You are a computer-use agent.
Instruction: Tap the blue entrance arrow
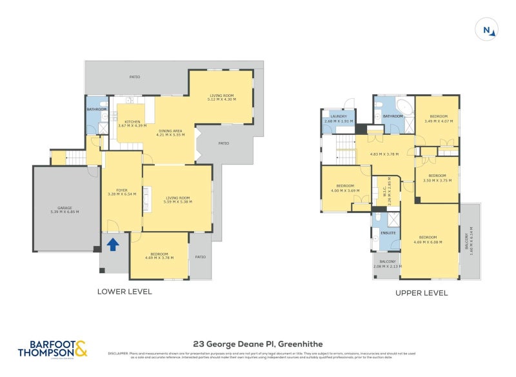click(x=113, y=244)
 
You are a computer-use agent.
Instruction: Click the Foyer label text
click(x=122, y=192)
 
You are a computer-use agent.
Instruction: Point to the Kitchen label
click(x=133, y=123)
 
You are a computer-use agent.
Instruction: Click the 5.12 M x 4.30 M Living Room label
click(x=221, y=97)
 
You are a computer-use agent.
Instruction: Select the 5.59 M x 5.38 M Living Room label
click(x=177, y=200)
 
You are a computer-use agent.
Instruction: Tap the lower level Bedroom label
click(x=159, y=256)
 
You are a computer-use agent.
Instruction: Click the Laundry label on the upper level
click(x=339, y=119)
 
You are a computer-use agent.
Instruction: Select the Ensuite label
click(x=388, y=232)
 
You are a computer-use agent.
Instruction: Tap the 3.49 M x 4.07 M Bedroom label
click(x=437, y=119)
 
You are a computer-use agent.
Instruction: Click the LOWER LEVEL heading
click(x=124, y=292)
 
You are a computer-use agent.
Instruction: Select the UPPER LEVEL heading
click(x=421, y=292)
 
